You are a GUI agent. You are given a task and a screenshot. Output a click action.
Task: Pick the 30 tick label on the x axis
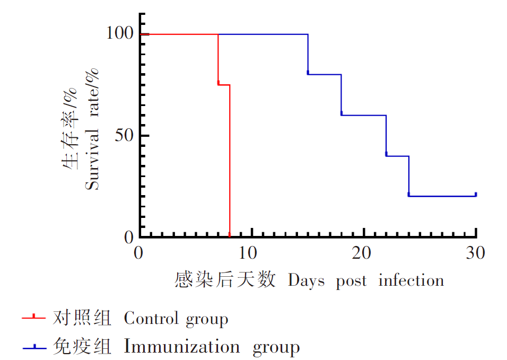click(475, 253)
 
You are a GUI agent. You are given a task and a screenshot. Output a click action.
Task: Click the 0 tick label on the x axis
click(139, 253)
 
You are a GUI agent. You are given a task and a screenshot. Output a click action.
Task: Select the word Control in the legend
click(151, 319)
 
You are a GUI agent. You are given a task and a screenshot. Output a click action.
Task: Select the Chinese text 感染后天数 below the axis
click(225, 279)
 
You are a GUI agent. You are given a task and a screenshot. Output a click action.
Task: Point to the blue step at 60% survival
click(363, 115)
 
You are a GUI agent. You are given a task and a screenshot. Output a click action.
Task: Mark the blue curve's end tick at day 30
click(476, 195)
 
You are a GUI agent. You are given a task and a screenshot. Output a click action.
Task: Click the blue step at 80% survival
click(324, 74)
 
